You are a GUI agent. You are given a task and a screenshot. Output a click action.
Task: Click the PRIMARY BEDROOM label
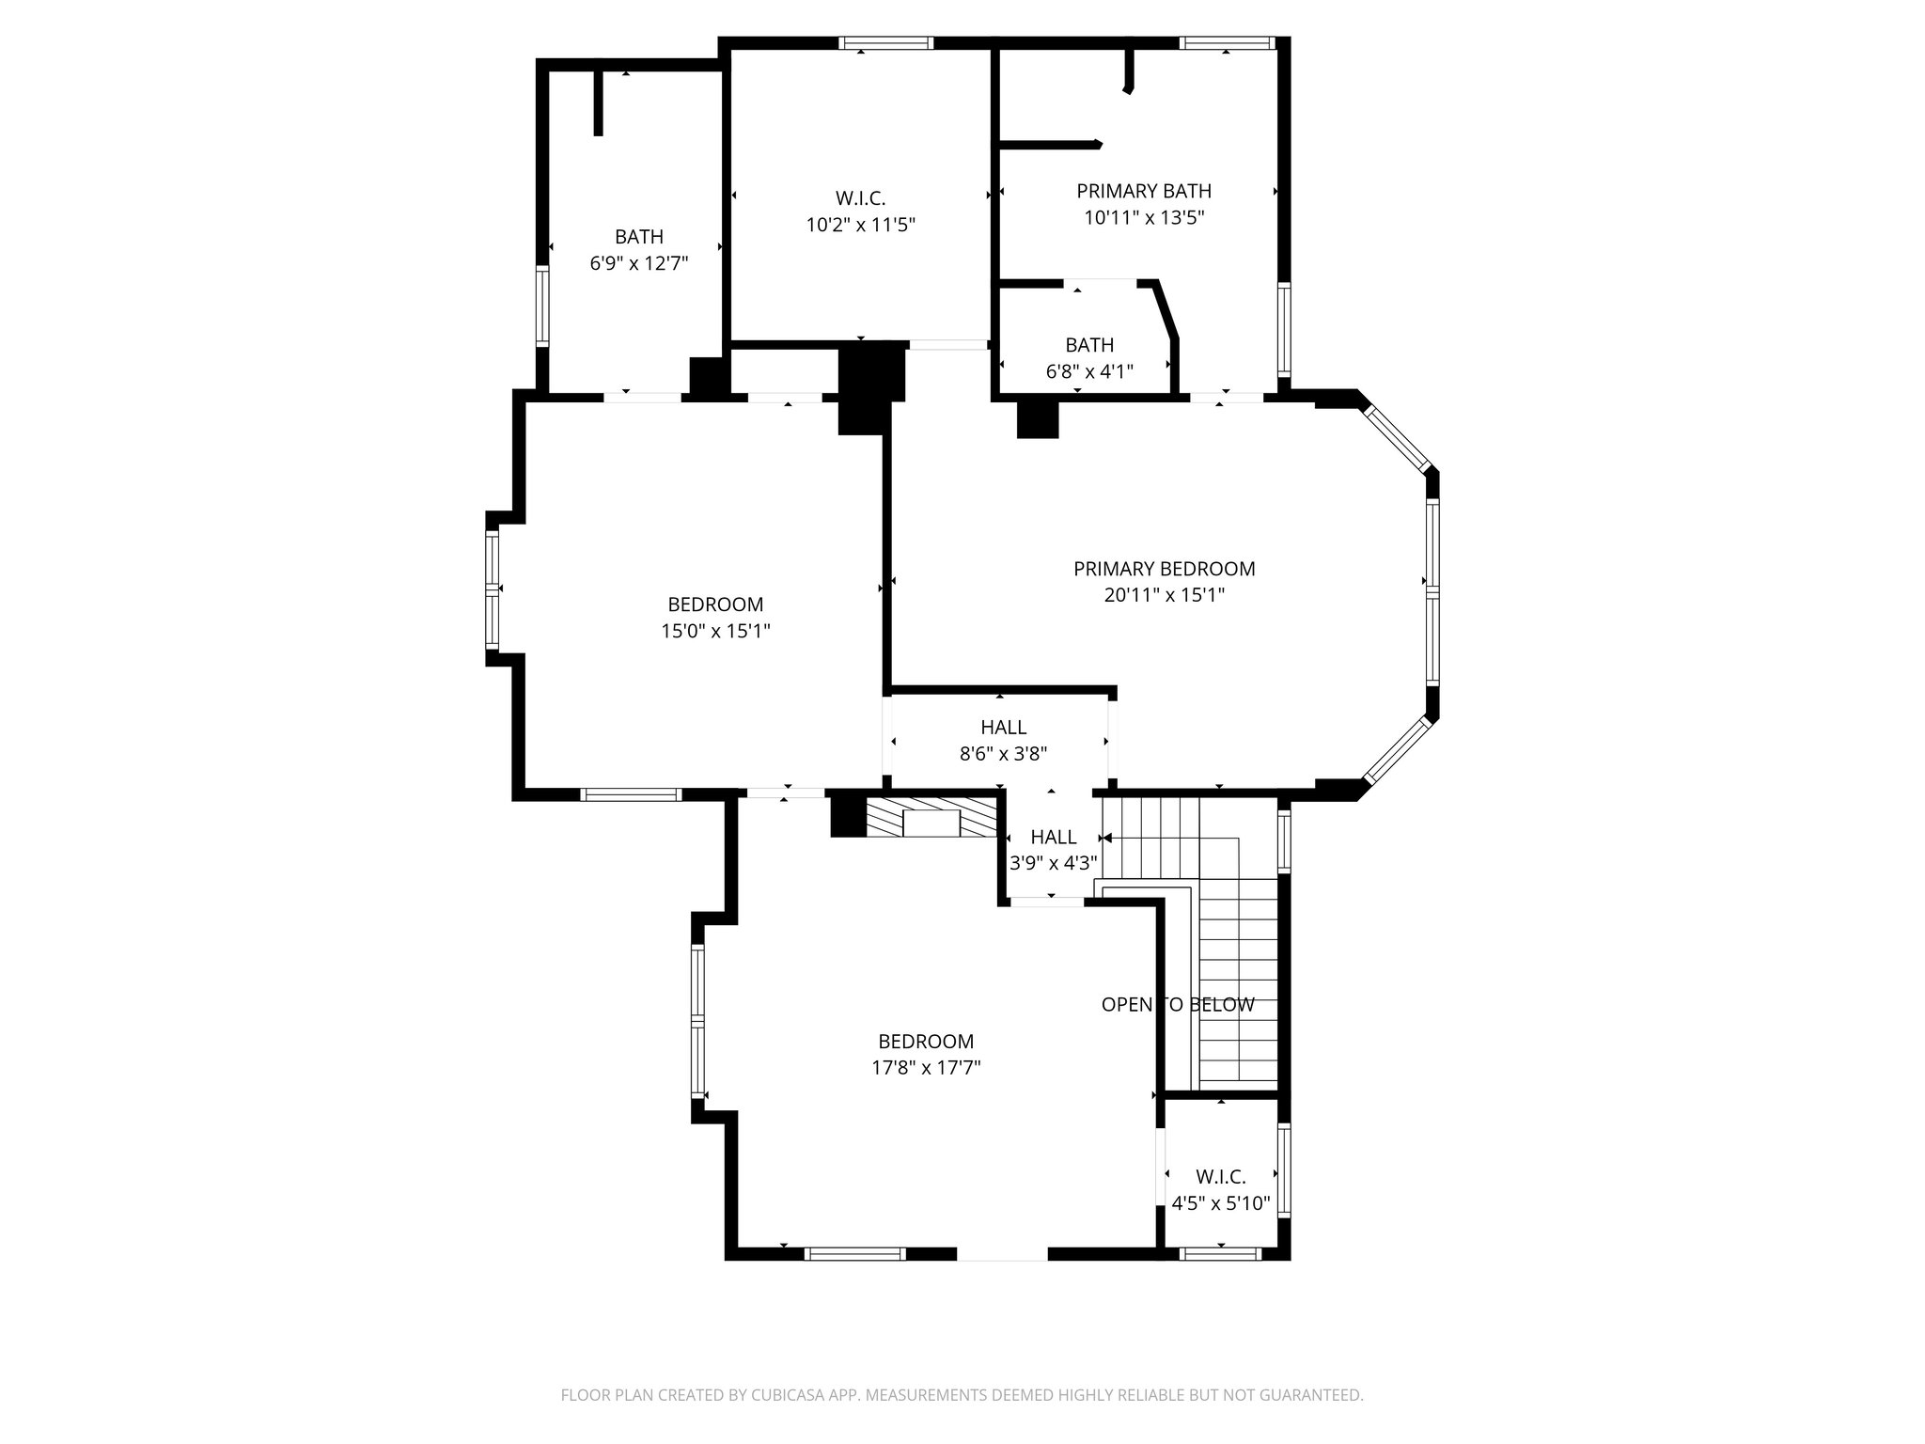[x=1164, y=569]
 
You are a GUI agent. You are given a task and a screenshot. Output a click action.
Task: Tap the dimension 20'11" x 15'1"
[x=1164, y=595]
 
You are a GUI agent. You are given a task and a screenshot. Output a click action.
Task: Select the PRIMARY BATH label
[x=1143, y=191]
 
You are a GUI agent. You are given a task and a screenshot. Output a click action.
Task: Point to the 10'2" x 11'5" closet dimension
[x=860, y=225]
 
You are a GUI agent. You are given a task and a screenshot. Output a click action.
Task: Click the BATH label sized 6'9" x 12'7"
[x=639, y=237]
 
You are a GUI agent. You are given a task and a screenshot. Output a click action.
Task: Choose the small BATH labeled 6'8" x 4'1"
[x=1089, y=345]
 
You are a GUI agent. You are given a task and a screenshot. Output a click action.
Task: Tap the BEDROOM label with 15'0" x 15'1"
[x=715, y=604]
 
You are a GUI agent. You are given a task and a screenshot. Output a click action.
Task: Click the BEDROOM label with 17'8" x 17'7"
[x=926, y=1042]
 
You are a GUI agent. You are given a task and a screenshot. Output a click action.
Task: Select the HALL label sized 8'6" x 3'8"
[x=1003, y=727]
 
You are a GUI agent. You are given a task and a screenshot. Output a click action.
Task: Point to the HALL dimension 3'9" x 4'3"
[x=1053, y=863]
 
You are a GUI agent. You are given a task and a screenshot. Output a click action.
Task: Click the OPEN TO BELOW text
[x=1177, y=1004]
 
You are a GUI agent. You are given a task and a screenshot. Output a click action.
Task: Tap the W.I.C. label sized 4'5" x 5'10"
[x=1220, y=1177]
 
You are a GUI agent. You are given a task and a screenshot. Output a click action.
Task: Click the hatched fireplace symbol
[x=931, y=820]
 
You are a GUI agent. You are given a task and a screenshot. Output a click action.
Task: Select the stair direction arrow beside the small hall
[x=1106, y=838]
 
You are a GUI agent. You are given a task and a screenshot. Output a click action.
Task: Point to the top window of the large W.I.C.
[x=885, y=42]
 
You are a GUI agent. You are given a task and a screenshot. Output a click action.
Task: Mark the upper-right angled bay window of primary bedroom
[x=1398, y=437]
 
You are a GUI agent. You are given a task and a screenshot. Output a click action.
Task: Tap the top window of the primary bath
[x=1226, y=42]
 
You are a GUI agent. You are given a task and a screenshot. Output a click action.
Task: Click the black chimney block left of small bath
[x=1038, y=419]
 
